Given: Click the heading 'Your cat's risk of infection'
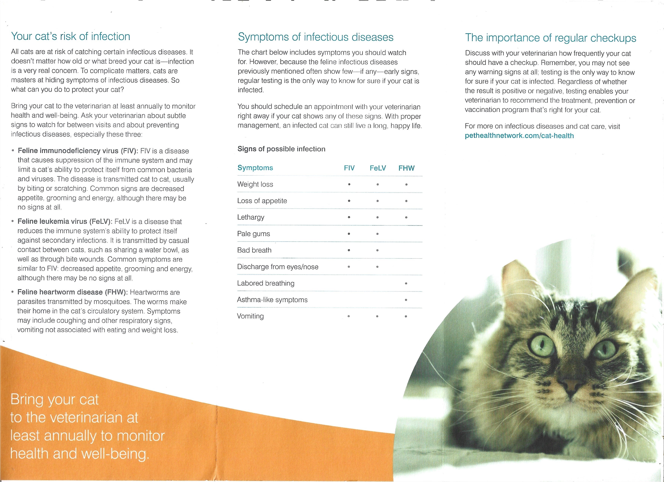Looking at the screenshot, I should [70, 37].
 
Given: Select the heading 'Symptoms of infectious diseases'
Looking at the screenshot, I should [316, 37].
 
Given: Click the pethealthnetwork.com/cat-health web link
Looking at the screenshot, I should [519, 136].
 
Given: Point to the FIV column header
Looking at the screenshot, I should [349, 168].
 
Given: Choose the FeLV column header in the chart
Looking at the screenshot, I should [378, 168].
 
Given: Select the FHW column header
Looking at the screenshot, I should [406, 168].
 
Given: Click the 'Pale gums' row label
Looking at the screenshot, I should [254, 234].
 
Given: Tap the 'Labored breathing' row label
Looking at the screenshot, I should [265, 283].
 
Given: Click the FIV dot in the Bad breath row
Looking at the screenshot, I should [349, 250].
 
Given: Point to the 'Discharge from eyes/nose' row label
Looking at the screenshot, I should [278, 267].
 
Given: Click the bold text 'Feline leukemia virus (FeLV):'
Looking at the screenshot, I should [65, 221].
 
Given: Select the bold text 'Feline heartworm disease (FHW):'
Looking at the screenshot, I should [72, 292].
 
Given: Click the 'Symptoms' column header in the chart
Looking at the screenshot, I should [255, 168].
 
